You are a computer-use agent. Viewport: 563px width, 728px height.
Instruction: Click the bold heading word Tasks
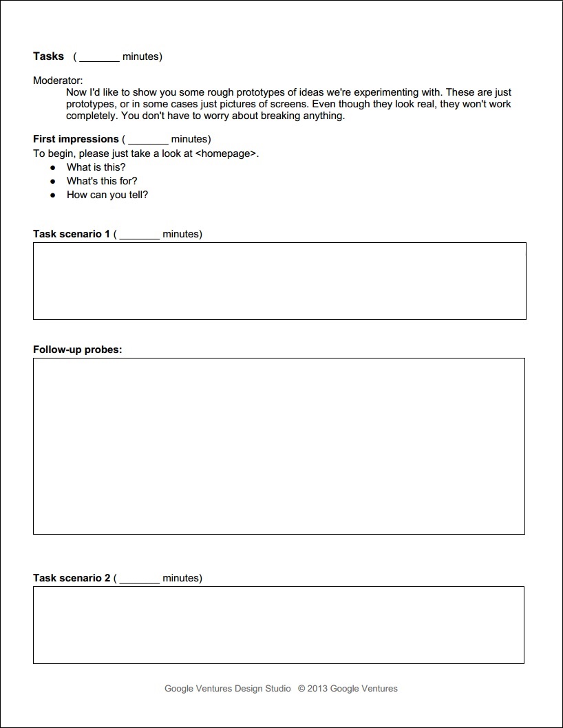tap(48, 56)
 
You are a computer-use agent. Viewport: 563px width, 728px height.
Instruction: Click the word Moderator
tap(58, 81)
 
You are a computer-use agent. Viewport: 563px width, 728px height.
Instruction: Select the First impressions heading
tap(76, 139)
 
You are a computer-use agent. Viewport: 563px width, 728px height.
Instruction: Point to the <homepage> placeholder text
tap(226, 153)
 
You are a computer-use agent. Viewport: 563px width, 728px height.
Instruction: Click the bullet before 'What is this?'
tap(52, 167)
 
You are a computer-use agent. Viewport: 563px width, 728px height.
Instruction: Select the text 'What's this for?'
tap(102, 181)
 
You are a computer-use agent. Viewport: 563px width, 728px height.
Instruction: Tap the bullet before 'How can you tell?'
tap(52, 195)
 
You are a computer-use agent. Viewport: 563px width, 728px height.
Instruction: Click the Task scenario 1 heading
tap(72, 234)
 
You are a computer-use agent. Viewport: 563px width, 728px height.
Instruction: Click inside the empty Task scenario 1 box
tap(279, 281)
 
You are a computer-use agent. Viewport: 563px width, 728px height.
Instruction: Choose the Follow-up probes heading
tap(77, 350)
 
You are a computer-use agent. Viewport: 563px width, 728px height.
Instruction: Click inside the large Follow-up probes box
tap(279, 446)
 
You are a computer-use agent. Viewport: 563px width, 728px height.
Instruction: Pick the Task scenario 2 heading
tap(72, 578)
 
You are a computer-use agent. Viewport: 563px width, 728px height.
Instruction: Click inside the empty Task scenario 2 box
tap(279, 625)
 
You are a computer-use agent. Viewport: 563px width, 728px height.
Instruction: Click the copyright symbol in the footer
tap(301, 688)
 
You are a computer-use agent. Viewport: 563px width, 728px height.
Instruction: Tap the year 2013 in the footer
tap(317, 688)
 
